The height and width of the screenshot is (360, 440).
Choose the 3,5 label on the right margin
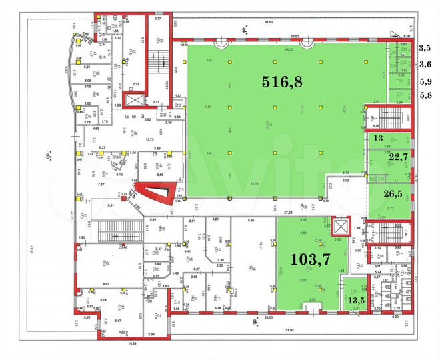(x=425, y=48)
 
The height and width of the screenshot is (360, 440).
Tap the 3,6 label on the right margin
(x=425, y=64)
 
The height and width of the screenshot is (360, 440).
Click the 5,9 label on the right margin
(x=425, y=81)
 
